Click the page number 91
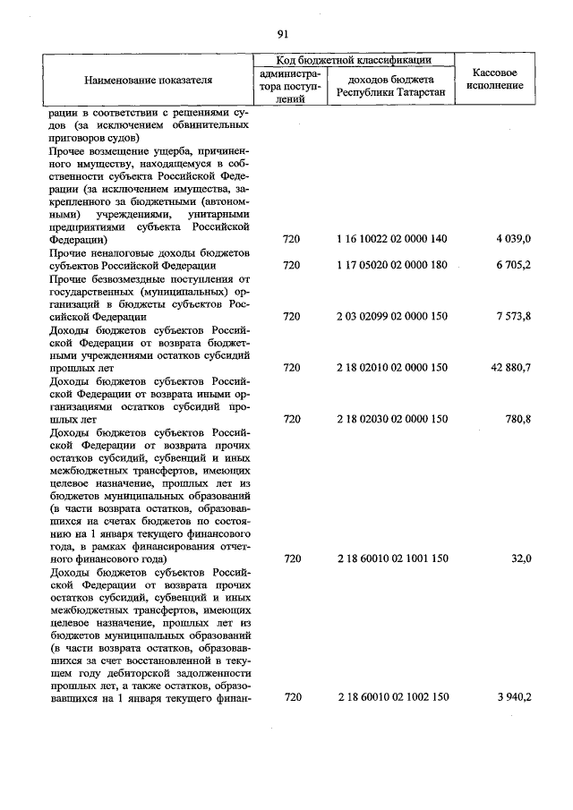(283, 35)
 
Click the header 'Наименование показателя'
(149, 80)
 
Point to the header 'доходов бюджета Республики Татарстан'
(391, 86)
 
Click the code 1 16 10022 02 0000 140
(392, 240)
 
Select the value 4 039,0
(514, 240)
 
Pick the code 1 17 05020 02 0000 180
(392, 266)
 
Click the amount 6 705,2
(514, 266)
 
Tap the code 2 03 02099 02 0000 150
(392, 317)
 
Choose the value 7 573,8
(514, 317)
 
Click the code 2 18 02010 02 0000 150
(392, 368)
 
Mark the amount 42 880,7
(510, 368)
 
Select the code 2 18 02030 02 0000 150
(392, 419)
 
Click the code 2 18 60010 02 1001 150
(392, 558)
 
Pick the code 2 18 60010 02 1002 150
(392, 698)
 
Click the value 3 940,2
(514, 698)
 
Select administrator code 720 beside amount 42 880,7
(291, 368)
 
